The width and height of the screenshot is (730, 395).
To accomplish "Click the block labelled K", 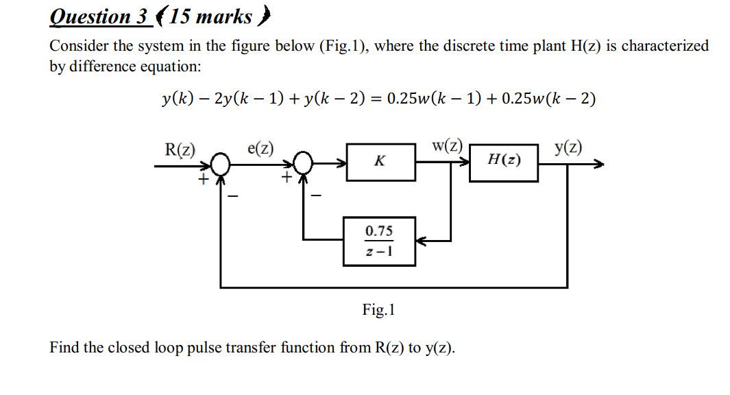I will [x=380, y=162].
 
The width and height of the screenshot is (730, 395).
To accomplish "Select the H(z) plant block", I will [x=503, y=162].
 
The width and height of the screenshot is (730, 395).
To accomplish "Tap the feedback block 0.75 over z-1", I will [x=378, y=241].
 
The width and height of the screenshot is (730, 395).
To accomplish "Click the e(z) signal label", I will [x=260, y=148].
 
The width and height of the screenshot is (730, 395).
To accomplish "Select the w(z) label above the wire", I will [x=447, y=146].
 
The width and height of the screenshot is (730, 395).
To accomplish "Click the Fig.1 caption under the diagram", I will [x=378, y=310].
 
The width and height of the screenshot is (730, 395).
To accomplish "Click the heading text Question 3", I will [x=99, y=15].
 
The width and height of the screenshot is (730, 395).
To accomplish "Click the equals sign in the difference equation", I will [x=374, y=99].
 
